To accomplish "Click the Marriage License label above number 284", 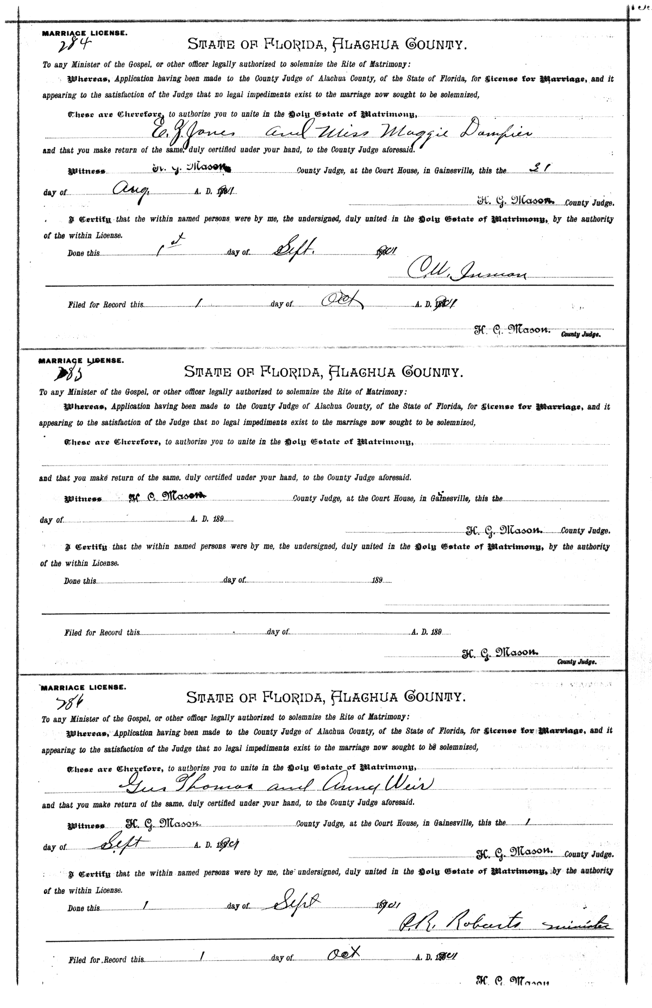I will pos(85,33).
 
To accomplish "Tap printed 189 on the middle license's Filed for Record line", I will pos(435,632).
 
